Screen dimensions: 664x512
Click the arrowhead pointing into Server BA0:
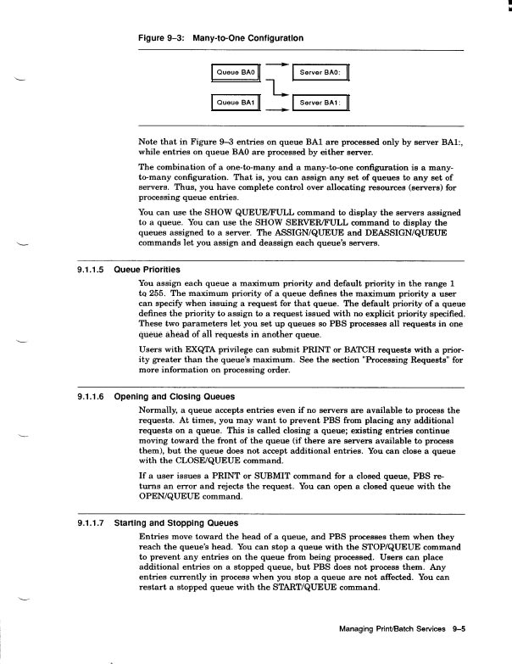point(286,63)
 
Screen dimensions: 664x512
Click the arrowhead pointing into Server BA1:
point(286,110)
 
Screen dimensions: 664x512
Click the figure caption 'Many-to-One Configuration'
point(248,38)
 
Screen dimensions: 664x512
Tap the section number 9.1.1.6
point(90,397)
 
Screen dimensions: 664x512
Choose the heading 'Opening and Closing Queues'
point(174,397)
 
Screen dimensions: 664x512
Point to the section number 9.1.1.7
point(90,523)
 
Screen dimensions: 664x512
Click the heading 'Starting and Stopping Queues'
point(175,523)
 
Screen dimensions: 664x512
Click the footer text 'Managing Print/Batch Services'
point(391,629)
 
